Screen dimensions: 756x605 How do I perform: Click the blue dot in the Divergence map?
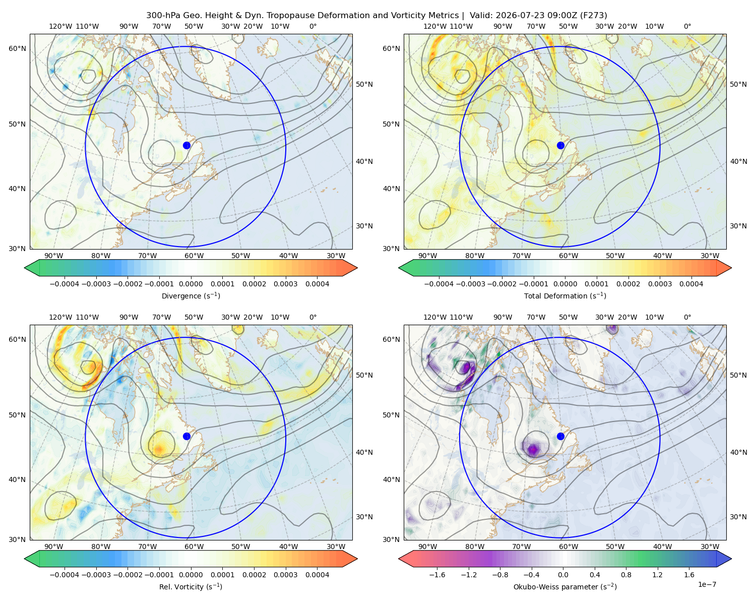(x=186, y=145)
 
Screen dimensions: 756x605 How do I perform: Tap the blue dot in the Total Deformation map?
(x=560, y=145)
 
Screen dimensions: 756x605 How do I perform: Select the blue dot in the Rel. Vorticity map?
(x=186, y=436)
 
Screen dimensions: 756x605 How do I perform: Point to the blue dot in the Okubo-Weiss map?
(x=560, y=436)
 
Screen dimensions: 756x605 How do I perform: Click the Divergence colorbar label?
(x=191, y=296)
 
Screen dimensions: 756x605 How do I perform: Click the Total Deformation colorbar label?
(x=565, y=296)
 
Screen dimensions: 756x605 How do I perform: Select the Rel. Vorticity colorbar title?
(x=191, y=587)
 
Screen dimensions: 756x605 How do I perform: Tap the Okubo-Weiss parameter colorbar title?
(x=565, y=587)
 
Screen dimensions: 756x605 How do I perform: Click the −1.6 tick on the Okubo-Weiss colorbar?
(x=437, y=575)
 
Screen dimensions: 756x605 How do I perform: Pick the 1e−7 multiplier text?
(x=707, y=584)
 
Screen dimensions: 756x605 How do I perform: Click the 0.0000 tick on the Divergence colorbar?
(x=191, y=284)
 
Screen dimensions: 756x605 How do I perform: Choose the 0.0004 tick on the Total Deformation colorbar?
(x=691, y=284)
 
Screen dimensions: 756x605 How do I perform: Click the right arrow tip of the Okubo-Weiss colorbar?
(x=731, y=559)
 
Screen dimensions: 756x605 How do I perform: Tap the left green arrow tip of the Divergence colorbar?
(x=25, y=268)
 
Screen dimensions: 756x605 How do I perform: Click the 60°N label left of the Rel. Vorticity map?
(x=17, y=339)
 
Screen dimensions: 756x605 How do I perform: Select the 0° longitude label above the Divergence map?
(x=313, y=26)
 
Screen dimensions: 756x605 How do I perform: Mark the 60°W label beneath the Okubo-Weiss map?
(x=568, y=547)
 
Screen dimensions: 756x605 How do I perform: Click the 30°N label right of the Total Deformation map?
(x=738, y=226)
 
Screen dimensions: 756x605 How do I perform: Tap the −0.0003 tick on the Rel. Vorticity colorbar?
(x=96, y=575)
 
